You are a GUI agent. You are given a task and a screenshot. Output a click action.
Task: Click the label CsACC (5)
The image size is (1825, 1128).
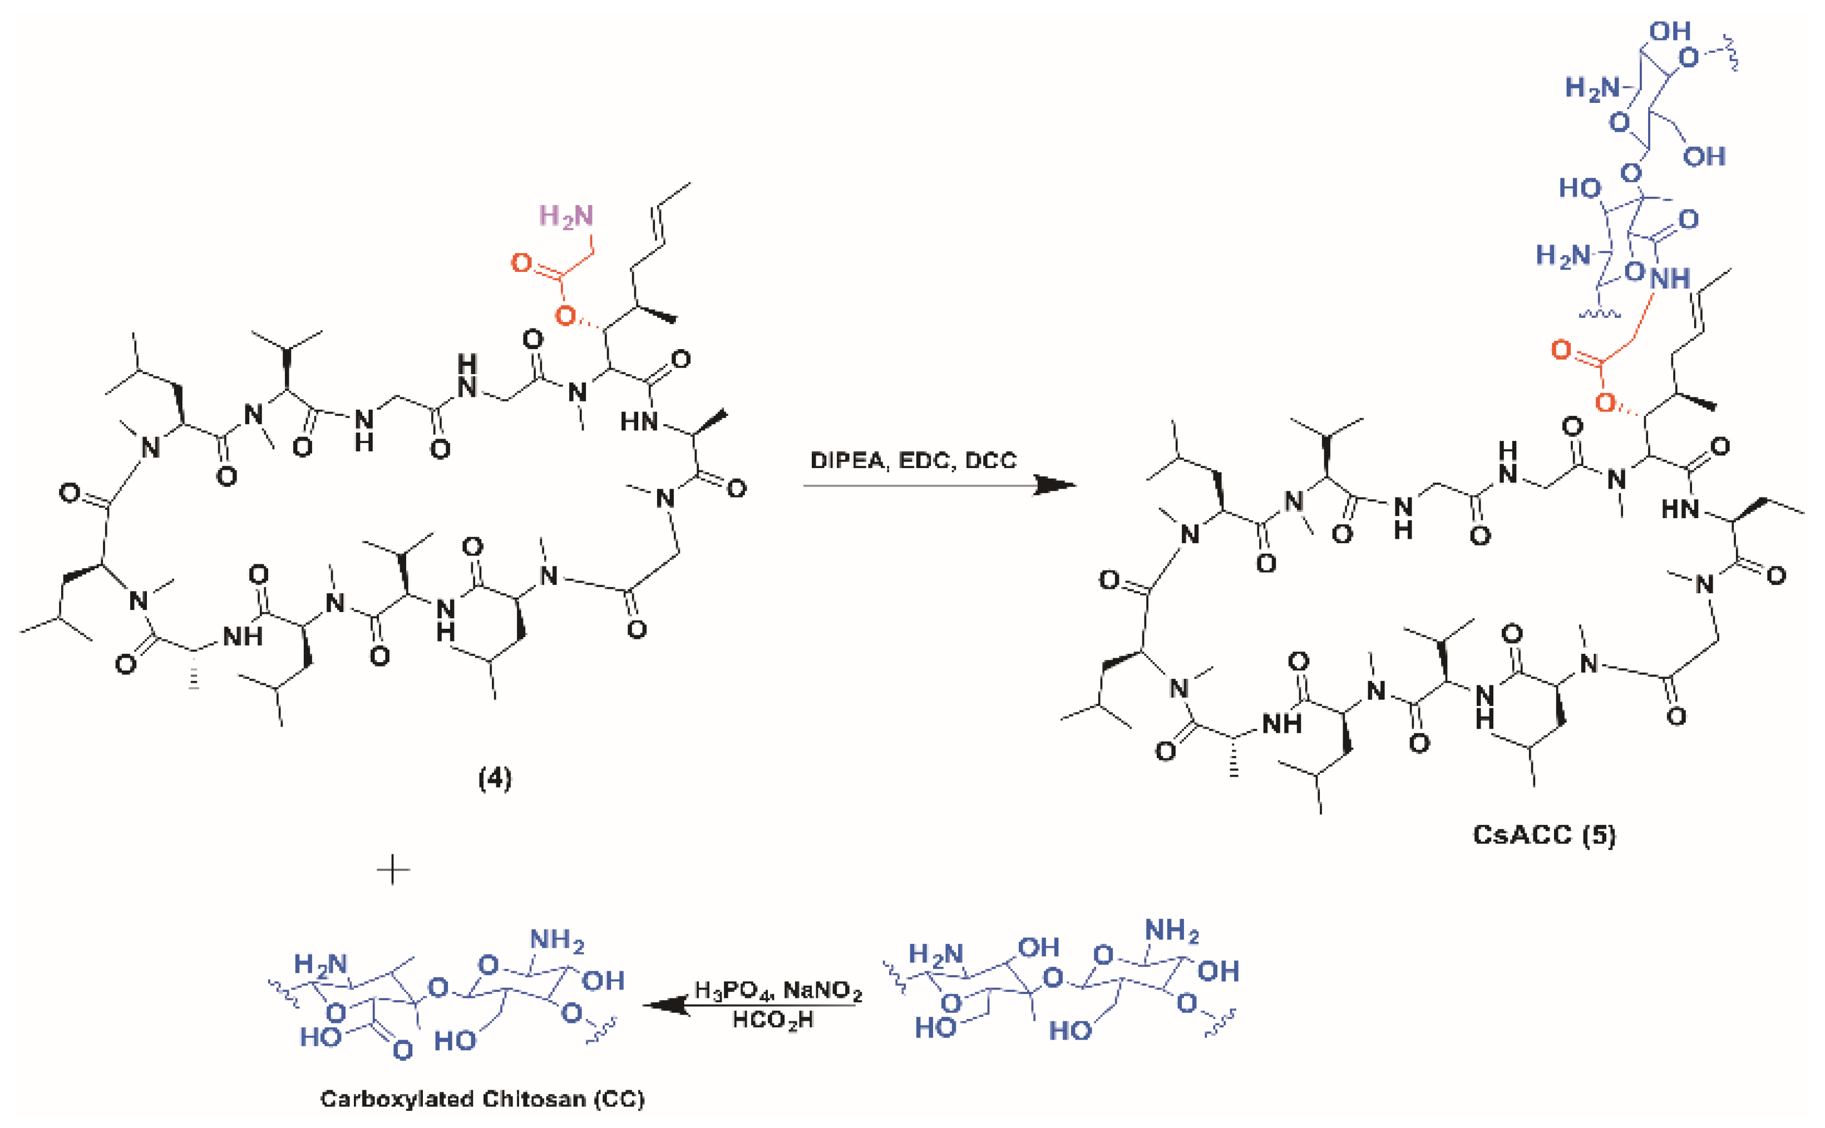point(1543,834)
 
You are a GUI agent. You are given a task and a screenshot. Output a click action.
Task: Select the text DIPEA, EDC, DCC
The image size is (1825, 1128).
point(913,460)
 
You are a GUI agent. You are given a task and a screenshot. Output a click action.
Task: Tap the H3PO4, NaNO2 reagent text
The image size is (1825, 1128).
point(778,991)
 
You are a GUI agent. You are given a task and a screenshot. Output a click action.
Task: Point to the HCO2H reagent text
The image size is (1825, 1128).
point(772,1019)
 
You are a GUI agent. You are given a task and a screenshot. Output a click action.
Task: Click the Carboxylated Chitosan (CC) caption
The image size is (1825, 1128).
point(482,1099)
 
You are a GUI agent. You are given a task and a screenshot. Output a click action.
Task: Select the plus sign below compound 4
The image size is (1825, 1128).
point(393,870)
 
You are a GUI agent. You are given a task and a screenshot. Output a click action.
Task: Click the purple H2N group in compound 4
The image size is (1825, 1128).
point(566,216)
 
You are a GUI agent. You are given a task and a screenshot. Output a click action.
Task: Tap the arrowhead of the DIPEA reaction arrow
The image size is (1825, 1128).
point(1056,486)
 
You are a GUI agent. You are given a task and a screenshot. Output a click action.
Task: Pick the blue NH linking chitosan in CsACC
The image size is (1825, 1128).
point(1669,279)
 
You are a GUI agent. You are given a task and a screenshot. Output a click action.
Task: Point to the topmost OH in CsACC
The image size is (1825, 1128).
point(1669,31)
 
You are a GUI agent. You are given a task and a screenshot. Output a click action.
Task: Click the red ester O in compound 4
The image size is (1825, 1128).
point(566,316)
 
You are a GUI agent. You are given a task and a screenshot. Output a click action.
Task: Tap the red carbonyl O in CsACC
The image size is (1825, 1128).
point(1561,349)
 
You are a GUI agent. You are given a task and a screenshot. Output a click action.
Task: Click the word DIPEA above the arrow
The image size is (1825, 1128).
point(846,460)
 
